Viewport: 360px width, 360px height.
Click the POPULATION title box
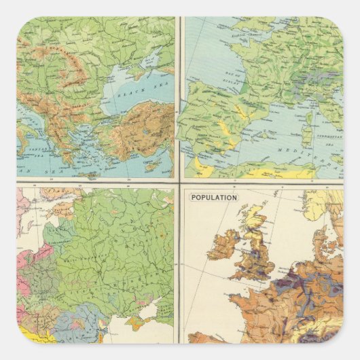point(214,197)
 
